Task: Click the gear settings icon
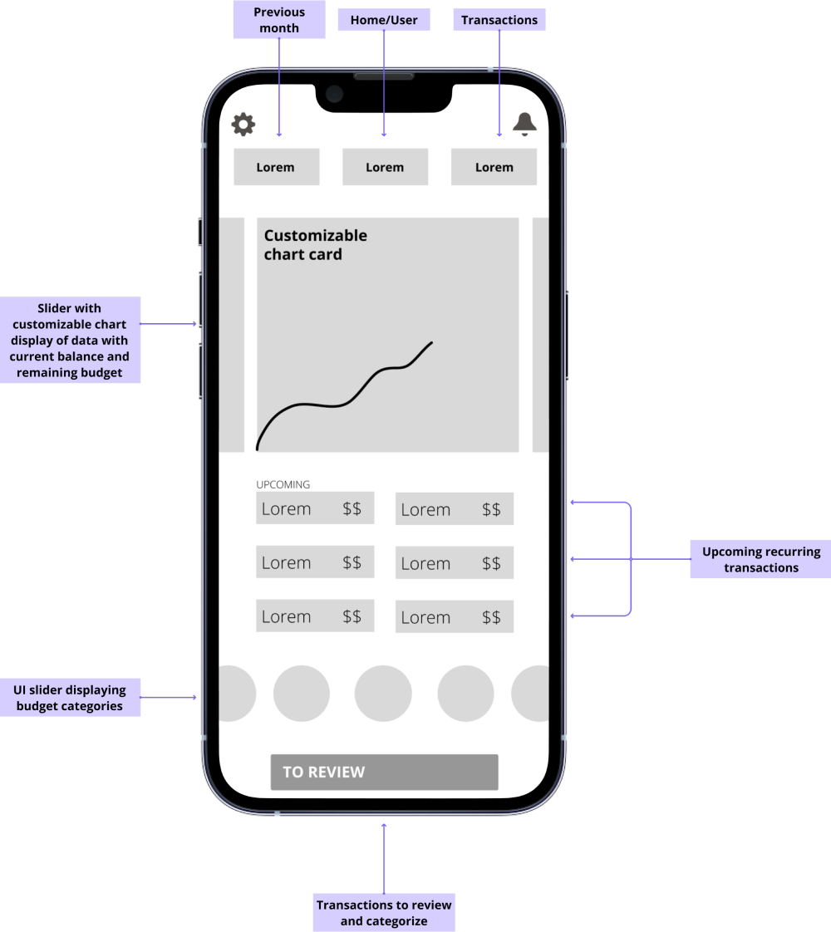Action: click(x=243, y=125)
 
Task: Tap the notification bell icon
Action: click(x=524, y=124)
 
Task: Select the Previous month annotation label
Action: click(x=278, y=20)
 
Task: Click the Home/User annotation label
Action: click(x=384, y=20)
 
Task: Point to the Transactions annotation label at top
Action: click(x=499, y=20)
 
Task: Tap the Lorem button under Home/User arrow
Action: click(x=385, y=167)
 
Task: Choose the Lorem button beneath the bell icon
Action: click(x=494, y=167)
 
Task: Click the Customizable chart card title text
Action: click(x=315, y=245)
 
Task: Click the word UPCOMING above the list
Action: click(x=283, y=484)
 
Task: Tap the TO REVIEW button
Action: click(x=384, y=772)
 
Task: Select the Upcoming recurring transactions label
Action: click(x=760, y=560)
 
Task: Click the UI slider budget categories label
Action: click(x=70, y=698)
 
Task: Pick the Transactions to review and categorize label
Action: click(x=384, y=913)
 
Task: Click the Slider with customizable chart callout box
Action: click(x=70, y=340)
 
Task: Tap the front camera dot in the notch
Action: click(x=335, y=93)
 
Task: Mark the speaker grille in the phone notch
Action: click(x=384, y=76)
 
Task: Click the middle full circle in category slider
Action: click(x=383, y=694)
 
